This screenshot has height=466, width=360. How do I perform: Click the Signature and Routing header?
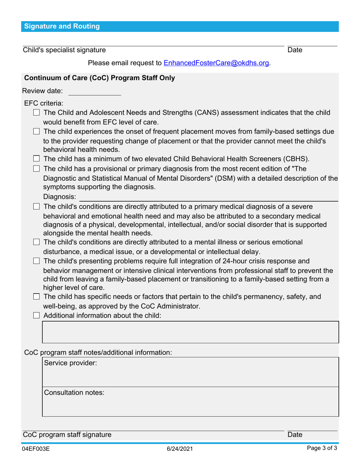coord(62,27)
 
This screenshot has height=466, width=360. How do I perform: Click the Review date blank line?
coord(94,92)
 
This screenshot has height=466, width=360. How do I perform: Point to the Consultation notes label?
coord(74,393)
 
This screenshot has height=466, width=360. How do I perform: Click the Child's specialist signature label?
coord(64,50)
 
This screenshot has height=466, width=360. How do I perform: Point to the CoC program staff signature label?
coord(67,435)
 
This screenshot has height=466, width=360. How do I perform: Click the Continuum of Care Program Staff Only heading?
coord(99,78)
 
